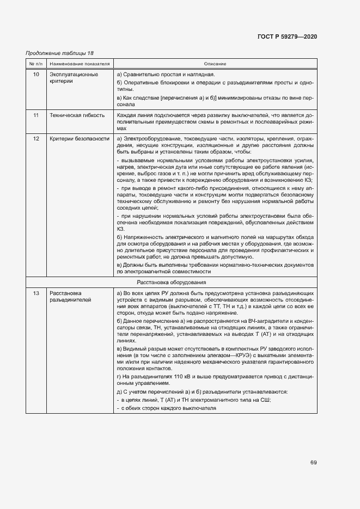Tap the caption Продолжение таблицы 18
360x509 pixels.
[x=60, y=53]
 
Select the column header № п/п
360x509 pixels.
[x=36, y=64]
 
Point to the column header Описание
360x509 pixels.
[x=215, y=64]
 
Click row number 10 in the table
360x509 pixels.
[x=36, y=74]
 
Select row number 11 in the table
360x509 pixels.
[x=36, y=116]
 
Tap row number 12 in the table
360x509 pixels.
[x=36, y=139]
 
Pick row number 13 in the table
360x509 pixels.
[x=36, y=293]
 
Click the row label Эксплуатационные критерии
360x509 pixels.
[x=74, y=78]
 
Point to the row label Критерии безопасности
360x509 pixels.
[x=80, y=139]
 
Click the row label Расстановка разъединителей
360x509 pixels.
[x=70, y=297]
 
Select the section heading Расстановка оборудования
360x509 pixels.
[x=171, y=283]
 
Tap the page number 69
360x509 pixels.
[x=314, y=463]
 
